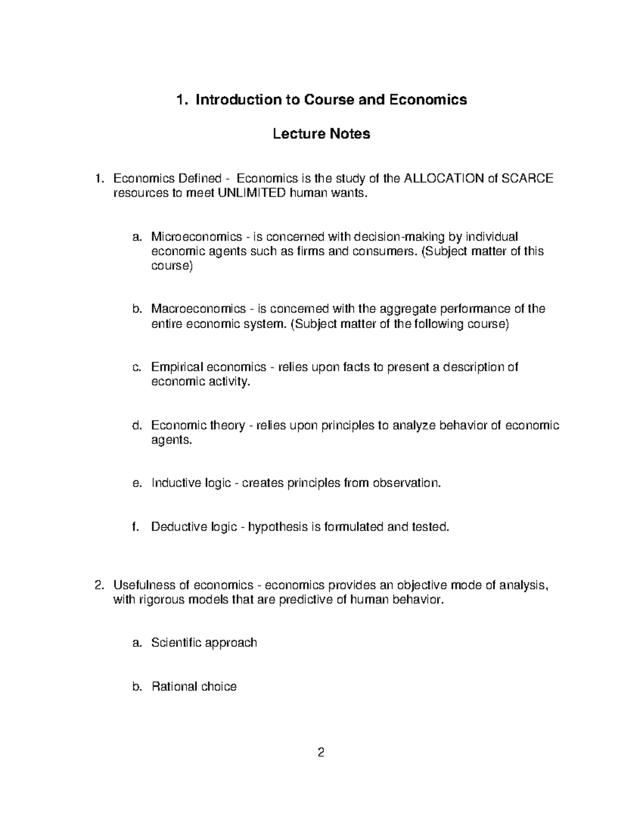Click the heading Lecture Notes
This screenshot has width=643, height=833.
click(322, 134)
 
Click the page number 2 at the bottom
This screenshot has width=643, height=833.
click(321, 753)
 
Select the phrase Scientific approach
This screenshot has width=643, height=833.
click(204, 643)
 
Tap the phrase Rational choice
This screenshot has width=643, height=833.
click(194, 687)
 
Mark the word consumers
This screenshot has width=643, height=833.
click(383, 252)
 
